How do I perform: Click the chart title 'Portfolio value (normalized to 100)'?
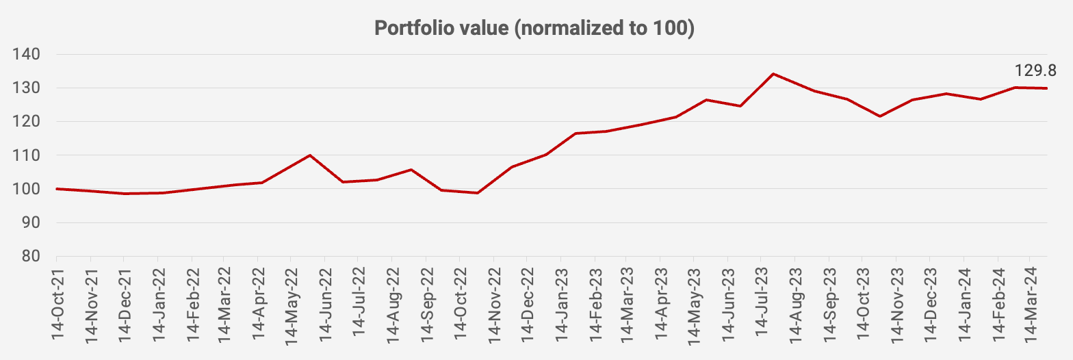pyautogui.click(x=534, y=29)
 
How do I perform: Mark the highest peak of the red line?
pyautogui.click(x=773, y=73)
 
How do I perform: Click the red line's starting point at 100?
pyautogui.click(x=57, y=188)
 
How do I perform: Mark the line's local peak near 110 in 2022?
pyautogui.click(x=310, y=155)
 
